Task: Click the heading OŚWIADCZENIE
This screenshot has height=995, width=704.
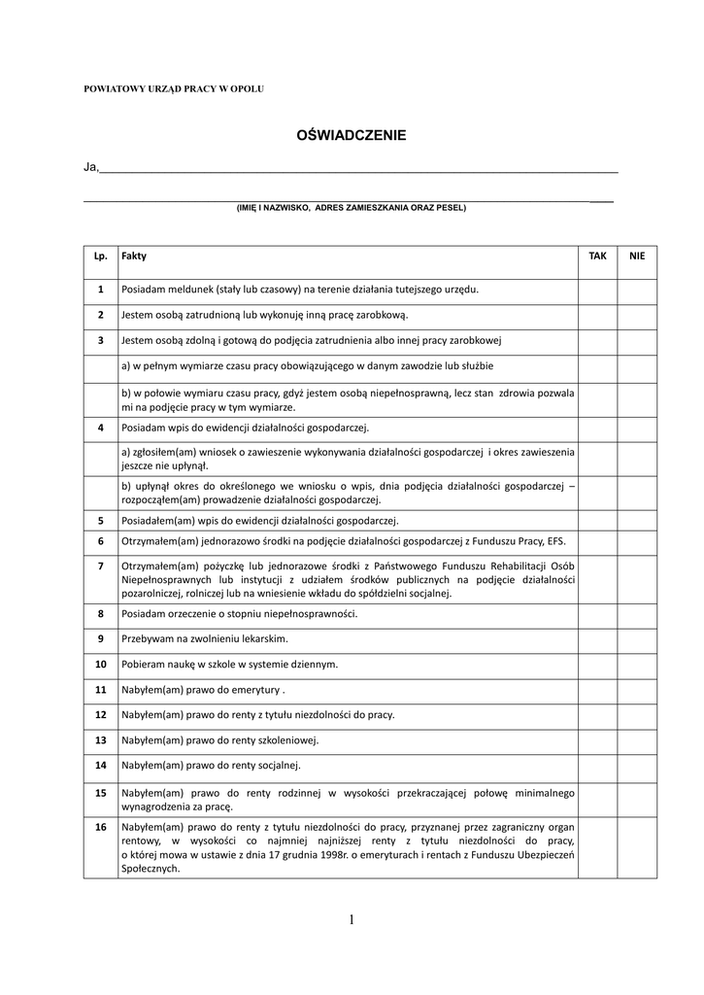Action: (x=351, y=136)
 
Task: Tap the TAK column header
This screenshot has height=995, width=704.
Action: (x=597, y=256)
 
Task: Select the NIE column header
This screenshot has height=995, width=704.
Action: (x=637, y=256)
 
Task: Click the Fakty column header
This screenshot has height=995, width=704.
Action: (x=134, y=256)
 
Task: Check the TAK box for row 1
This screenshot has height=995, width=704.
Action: (x=597, y=290)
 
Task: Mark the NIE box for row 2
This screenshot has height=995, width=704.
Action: (x=637, y=315)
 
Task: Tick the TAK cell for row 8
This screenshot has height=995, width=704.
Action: (x=597, y=614)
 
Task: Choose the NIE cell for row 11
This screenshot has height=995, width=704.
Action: (x=637, y=690)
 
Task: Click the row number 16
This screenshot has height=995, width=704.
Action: (x=100, y=827)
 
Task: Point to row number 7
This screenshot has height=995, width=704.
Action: (x=100, y=566)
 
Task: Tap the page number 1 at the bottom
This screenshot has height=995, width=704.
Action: (x=351, y=920)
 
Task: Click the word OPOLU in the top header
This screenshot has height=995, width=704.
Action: (x=247, y=89)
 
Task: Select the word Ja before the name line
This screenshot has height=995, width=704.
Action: (x=90, y=167)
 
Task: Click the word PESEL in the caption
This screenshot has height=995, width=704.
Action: (x=451, y=207)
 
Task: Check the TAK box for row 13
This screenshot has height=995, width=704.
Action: (x=597, y=740)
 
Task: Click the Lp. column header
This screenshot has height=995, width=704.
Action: (x=100, y=256)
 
